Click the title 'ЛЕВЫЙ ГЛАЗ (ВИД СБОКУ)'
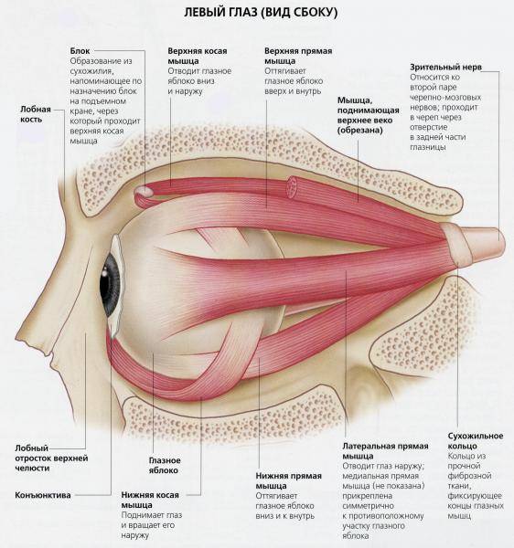[x=261, y=13]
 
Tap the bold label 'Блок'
[x=80, y=51]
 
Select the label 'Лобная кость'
[x=36, y=114]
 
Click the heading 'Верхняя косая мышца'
[x=198, y=56]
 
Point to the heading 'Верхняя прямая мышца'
[x=298, y=56]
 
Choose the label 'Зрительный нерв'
[x=445, y=67]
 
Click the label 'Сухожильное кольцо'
[x=476, y=441]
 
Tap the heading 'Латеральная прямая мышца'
[x=385, y=451]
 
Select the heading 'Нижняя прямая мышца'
[x=288, y=480]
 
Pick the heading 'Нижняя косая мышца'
[x=150, y=500]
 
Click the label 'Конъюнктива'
[x=43, y=495]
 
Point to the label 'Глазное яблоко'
[x=165, y=465]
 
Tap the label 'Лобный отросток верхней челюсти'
[x=51, y=458]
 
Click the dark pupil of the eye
[x=109, y=283]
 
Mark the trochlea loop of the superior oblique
[x=144, y=194]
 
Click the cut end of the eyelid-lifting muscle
[x=292, y=187]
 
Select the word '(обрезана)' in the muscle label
[x=359, y=131]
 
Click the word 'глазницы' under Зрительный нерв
[x=428, y=147]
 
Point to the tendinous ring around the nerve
[x=455, y=245]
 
